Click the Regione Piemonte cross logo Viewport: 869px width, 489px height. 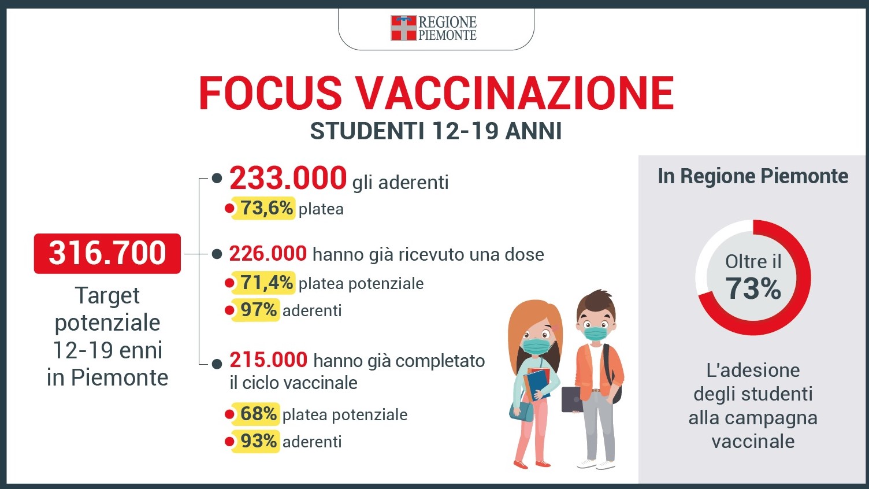pyautogui.click(x=403, y=28)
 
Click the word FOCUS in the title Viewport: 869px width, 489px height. pyautogui.click(x=270, y=94)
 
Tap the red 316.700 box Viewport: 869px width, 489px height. pyautogui.click(x=107, y=253)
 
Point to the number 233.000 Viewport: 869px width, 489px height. pyautogui.click(x=288, y=178)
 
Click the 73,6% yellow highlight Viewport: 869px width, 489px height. pyautogui.click(x=263, y=209)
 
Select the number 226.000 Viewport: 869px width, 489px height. pyautogui.click(x=268, y=254)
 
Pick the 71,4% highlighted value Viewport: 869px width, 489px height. pyautogui.click(x=263, y=283)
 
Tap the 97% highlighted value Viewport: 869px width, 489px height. pyautogui.click(x=255, y=310)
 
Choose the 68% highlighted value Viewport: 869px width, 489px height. pyautogui.click(x=255, y=414)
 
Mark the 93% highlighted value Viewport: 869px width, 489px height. pyautogui.click(x=255, y=441)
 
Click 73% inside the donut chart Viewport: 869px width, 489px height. pyautogui.click(x=753, y=289)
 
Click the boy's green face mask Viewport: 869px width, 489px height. pyautogui.click(x=596, y=333)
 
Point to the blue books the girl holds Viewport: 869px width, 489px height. pyautogui.click(x=538, y=384)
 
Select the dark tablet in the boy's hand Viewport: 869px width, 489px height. pyautogui.click(x=572, y=399)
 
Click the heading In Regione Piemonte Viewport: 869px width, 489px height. pyautogui.click(x=753, y=176)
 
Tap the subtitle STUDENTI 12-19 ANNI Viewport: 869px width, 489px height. pyautogui.click(x=436, y=131)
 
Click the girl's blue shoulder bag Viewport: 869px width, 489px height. pyautogui.click(x=522, y=412)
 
